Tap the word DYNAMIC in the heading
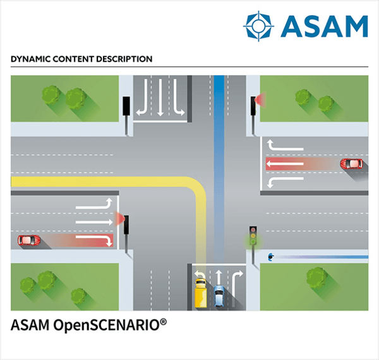[31, 59]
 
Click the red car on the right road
[351, 164]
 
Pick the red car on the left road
[28, 241]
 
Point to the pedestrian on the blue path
[270, 256]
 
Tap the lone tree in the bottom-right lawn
[318, 277]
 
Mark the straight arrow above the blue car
[219, 275]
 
